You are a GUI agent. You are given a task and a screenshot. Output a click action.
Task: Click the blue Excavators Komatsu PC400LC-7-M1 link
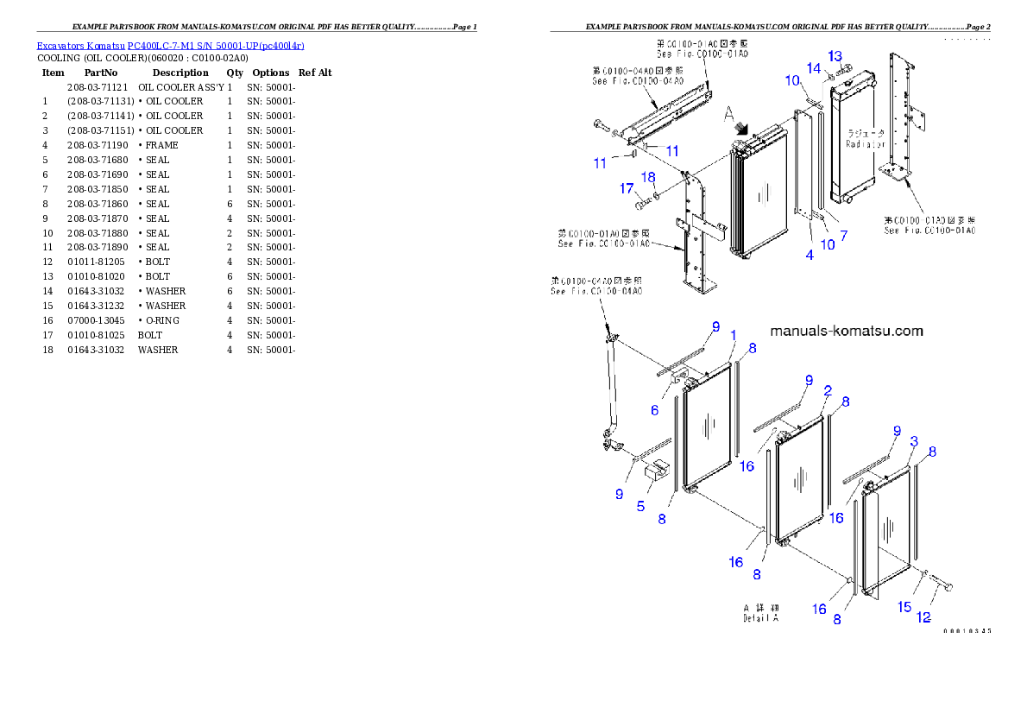(x=169, y=45)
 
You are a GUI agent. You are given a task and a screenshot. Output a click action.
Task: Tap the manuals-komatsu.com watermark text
(x=846, y=331)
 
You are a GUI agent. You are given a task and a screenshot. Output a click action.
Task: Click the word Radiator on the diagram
(x=865, y=145)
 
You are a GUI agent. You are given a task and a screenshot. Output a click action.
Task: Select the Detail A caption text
(x=761, y=618)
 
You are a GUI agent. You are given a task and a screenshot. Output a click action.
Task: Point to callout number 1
(x=733, y=335)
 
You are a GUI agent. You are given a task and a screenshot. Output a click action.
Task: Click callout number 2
(x=827, y=390)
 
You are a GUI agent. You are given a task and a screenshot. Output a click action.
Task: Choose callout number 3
(x=914, y=441)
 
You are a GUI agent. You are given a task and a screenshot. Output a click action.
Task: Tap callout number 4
(x=810, y=255)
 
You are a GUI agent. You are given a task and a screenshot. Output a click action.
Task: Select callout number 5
(x=640, y=506)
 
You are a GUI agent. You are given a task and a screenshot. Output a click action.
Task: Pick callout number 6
(x=654, y=410)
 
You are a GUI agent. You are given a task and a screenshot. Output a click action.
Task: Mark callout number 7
(x=843, y=235)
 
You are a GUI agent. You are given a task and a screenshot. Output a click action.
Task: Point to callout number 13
(x=835, y=56)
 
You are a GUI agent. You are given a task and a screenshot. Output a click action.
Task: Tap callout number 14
(x=814, y=67)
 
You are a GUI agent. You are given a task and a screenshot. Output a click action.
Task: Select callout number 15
(x=904, y=607)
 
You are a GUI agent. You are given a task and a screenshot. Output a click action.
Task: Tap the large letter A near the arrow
(x=728, y=112)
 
